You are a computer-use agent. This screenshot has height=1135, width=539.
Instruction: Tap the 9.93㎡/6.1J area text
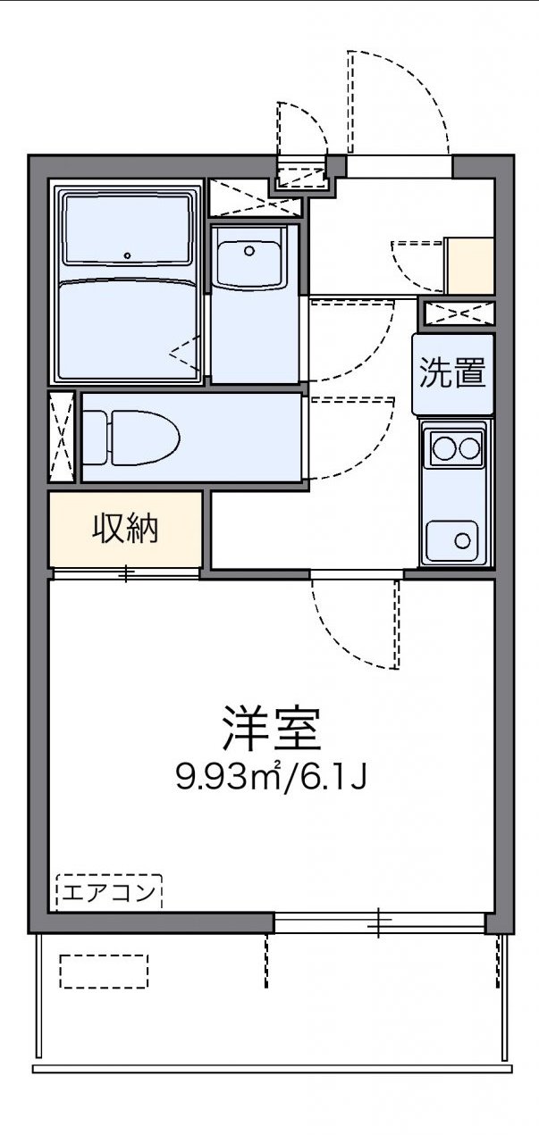[271, 779]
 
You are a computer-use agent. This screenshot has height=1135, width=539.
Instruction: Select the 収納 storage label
[126, 529]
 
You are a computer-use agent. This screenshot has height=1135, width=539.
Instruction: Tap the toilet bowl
[146, 438]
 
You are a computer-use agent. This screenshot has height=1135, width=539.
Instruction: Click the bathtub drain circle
[128, 256]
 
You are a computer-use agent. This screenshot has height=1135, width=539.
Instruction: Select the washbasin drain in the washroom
[249, 250]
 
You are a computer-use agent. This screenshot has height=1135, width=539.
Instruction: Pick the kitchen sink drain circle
[462, 540]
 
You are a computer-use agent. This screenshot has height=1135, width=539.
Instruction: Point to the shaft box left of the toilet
[62, 437]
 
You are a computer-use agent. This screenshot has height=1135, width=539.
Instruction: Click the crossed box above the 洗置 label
[459, 313]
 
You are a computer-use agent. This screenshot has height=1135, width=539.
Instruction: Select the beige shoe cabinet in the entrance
[469, 265]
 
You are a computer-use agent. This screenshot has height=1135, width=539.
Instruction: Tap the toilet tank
[95, 438]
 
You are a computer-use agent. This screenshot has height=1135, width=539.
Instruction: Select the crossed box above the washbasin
[255, 196]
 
